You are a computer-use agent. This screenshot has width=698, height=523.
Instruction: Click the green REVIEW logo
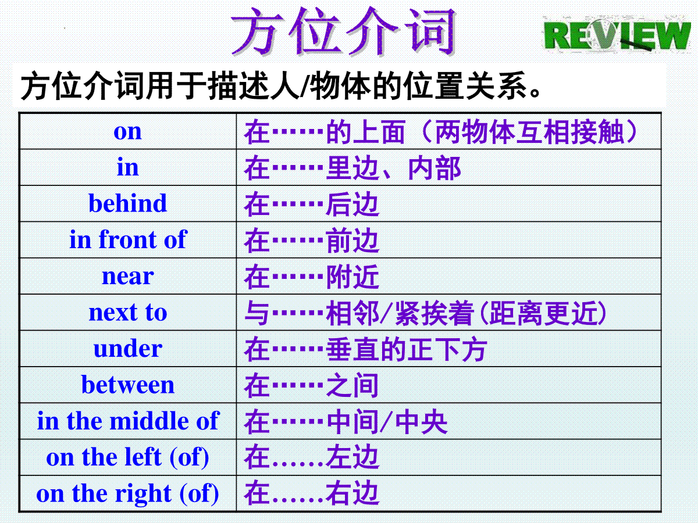point(617,34)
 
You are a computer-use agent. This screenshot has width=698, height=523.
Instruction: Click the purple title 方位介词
point(343,31)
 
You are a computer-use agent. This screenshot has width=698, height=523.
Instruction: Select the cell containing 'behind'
point(128,203)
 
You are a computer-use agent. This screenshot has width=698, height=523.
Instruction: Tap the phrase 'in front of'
point(128,239)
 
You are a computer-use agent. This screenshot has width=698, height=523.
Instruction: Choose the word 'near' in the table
point(128,276)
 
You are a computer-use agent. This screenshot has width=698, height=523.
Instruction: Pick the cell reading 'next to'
point(128,313)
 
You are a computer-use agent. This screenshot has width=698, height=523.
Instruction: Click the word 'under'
point(128,349)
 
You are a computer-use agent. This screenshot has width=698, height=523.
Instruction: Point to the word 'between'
point(128,385)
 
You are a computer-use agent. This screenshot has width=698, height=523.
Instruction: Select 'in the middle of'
point(128,421)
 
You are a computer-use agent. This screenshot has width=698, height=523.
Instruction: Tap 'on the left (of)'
point(128,457)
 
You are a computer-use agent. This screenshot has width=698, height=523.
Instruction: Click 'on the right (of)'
point(128,493)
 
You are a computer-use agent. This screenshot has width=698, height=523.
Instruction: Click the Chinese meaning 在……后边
point(312,204)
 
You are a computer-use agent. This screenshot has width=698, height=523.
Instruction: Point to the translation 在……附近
point(312,277)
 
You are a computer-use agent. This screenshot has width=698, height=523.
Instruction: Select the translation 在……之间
point(312,385)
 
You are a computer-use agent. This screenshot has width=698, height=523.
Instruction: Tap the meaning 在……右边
point(312,494)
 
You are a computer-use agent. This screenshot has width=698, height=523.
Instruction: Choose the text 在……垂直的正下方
point(366,349)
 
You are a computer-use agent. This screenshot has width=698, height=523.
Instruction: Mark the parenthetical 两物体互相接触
point(529,131)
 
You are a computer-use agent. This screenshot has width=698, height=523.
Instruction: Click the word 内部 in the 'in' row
point(435,168)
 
